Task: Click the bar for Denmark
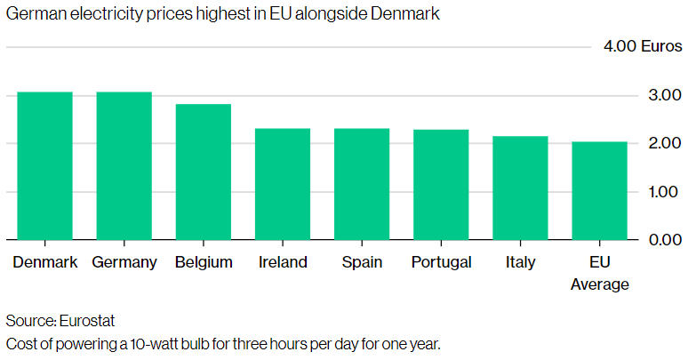point(44,166)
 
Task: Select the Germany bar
point(124,166)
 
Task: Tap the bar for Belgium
point(204,172)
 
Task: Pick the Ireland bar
point(283,184)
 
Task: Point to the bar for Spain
point(362,184)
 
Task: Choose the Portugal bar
point(441,185)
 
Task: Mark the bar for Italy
point(520,188)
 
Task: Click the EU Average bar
point(599,190)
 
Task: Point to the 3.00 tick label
point(665,95)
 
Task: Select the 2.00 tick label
point(665,143)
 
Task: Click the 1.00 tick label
point(665,191)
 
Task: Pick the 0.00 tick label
point(665,240)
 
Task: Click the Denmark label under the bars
point(45,262)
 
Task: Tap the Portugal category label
point(441,262)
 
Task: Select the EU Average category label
point(599,274)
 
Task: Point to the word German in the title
point(32,16)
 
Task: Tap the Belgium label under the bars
point(204,262)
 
